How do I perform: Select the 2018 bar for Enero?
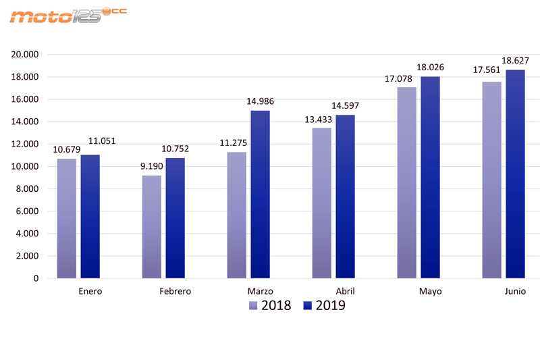click(x=67, y=218)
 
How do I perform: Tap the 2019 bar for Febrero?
click(x=175, y=217)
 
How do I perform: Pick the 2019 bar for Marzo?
click(x=260, y=194)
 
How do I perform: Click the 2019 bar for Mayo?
click(x=430, y=177)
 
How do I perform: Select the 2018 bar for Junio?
click(x=492, y=180)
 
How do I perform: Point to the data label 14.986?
click(x=260, y=102)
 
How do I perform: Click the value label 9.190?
click(x=152, y=167)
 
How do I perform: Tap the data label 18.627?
click(x=515, y=61)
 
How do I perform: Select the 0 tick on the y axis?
click(x=36, y=278)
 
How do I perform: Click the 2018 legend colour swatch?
click(x=253, y=306)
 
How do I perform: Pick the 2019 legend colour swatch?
click(x=308, y=306)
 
